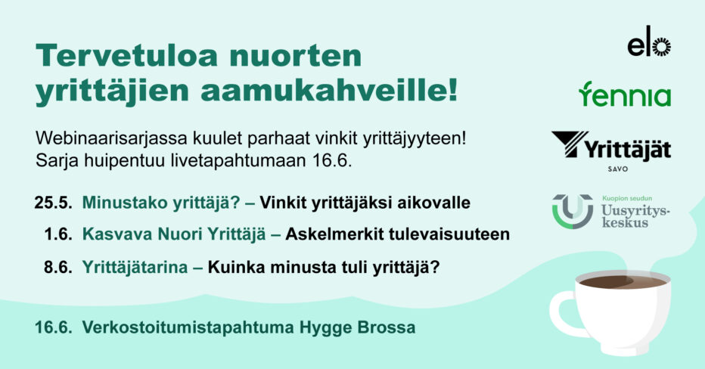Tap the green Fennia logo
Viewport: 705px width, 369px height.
pyautogui.click(x=625, y=95)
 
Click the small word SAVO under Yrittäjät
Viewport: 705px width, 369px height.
pyautogui.click(x=618, y=169)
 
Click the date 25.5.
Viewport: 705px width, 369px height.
pyautogui.click(x=53, y=203)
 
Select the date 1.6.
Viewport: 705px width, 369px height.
pyautogui.click(x=58, y=234)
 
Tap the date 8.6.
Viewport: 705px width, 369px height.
pyautogui.click(x=58, y=268)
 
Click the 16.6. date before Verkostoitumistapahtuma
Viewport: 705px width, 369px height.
pyautogui.click(x=54, y=327)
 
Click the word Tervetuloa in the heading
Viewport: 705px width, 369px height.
pyautogui.click(x=127, y=55)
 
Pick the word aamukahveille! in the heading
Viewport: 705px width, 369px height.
pyautogui.click(x=329, y=91)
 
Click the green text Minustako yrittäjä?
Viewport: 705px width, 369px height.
pyautogui.click(x=161, y=203)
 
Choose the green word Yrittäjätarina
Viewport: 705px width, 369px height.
pyautogui.click(x=135, y=268)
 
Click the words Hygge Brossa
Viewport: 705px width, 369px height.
pyautogui.click(x=358, y=327)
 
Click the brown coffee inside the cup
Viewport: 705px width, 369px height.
pyautogui.click(x=623, y=282)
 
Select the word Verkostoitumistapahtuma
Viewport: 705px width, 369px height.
pyautogui.click(x=188, y=327)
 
